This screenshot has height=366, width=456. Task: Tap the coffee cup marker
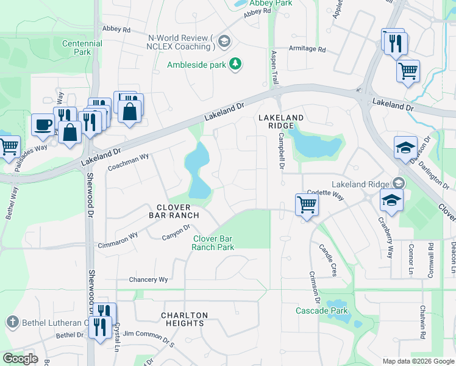42,124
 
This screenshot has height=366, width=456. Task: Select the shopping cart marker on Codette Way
306,204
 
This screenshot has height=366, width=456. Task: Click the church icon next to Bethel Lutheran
12,322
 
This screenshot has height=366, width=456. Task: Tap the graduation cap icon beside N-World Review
223,41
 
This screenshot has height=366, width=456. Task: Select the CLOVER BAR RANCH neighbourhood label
174,210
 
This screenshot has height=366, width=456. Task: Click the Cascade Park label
321,311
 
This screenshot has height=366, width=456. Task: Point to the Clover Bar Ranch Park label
213,243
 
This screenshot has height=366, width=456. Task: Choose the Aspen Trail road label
274,67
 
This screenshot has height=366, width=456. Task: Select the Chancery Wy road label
148,280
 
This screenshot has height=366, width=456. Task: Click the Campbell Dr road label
281,152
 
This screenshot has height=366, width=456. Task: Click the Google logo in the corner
20,359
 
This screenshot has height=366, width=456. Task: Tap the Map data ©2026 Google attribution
418,361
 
